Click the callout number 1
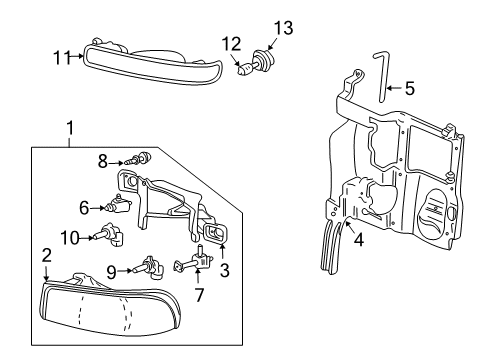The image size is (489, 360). (x=70, y=128)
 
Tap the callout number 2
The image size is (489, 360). (x=46, y=257)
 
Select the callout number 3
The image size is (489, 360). (x=224, y=270)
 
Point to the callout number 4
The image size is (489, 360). (x=358, y=240)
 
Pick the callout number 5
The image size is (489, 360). (x=408, y=88)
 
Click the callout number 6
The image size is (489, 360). (x=84, y=208)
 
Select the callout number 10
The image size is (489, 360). (x=70, y=237)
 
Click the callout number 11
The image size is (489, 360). (x=59, y=57)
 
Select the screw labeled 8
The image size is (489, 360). (x=143, y=157)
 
